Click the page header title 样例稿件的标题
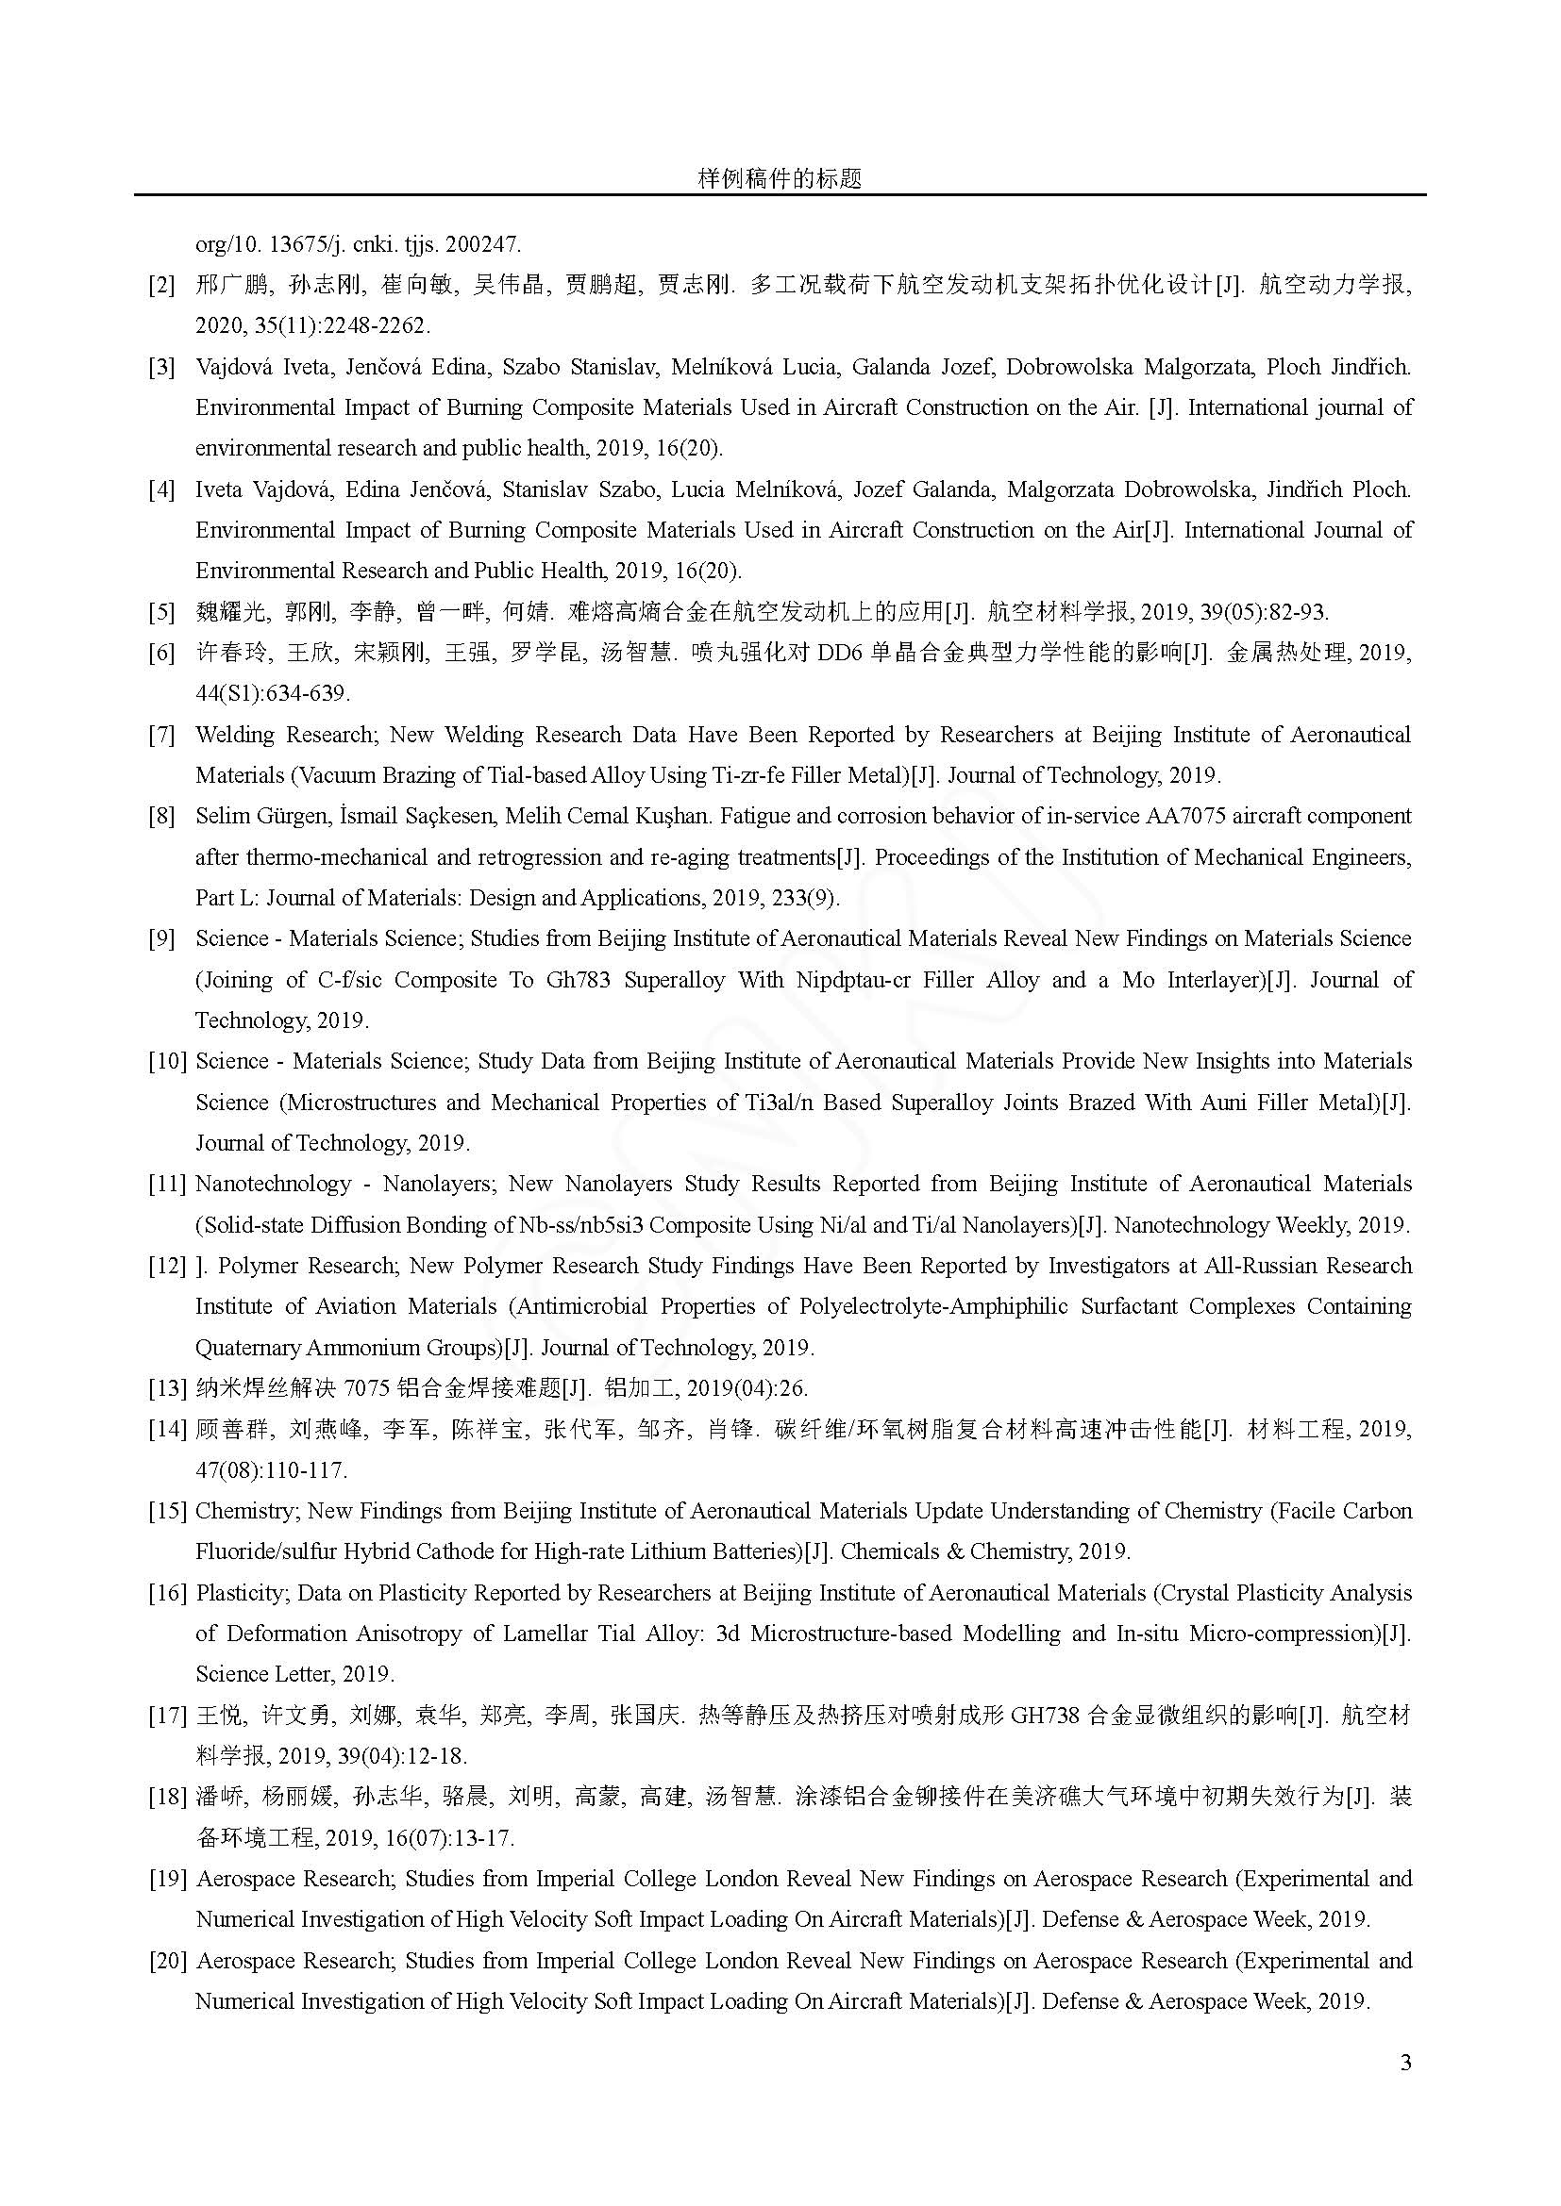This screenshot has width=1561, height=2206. point(780,178)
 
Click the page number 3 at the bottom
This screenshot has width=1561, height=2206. point(1405,2063)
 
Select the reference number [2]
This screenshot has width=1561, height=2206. point(161,286)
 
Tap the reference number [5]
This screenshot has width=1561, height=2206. point(161,612)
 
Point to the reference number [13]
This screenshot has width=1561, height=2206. point(166,1388)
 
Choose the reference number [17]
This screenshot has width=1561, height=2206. point(166,1715)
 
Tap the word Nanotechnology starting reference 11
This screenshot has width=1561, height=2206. point(273,1184)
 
